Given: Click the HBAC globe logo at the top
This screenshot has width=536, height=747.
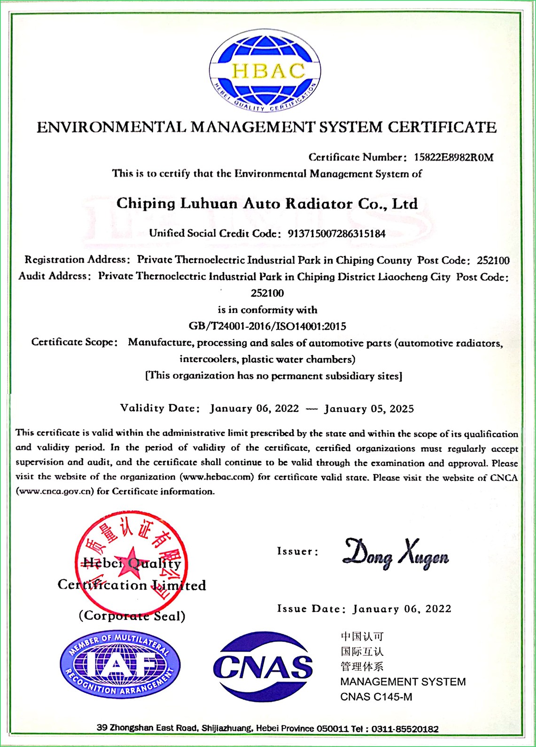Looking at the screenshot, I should click(265, 71).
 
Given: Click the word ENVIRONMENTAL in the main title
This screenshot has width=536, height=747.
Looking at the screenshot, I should click(111, 127).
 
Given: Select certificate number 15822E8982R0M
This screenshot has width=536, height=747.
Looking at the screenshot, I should click(453, 157).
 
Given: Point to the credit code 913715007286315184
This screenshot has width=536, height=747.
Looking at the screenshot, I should click(333, 234).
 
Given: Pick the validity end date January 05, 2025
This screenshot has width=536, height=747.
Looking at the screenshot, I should click(369, 409).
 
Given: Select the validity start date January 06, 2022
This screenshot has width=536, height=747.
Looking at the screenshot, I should click(254, 408).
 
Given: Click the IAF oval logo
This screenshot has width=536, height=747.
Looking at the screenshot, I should click(120, 665).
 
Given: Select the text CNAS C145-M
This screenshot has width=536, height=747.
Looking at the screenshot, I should click(376, 697).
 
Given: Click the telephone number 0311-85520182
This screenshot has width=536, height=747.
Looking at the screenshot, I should click(405, 729).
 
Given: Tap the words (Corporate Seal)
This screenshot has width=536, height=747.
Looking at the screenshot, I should click(132, 616).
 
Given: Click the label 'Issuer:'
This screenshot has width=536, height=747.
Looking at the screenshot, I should click(298, 551).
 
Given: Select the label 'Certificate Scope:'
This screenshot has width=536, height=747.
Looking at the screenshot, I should click(74, 342).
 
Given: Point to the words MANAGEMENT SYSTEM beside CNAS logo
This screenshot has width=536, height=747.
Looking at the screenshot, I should click(403, 682).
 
